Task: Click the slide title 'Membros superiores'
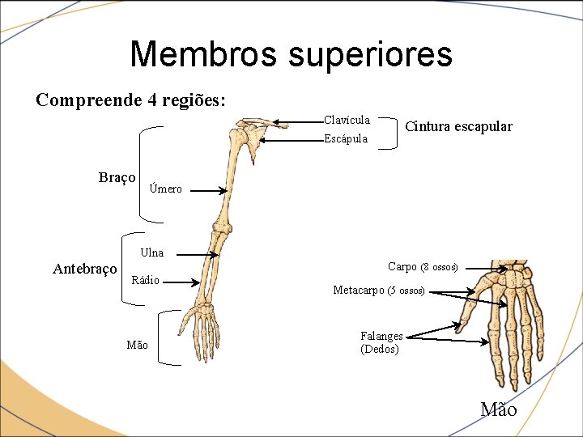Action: coord(291,54)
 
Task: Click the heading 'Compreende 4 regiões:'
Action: coord(131,100)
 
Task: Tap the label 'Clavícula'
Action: coord(347,121)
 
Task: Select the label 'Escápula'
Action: coord(346,138)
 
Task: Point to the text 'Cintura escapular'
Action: coord(458,126)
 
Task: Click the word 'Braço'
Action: coord(117,177)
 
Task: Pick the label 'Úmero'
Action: coord(166,189)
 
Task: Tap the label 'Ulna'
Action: coord(151,252)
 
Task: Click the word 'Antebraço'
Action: coord(85,269)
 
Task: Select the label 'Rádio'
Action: coord(146,281)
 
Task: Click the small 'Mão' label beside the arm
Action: coord(138,346)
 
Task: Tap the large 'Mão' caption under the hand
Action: coord(499,409)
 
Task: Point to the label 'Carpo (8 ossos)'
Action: coord(423,267)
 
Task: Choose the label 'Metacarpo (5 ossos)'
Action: coord(379,290)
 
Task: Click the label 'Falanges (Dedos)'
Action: coord(381,342)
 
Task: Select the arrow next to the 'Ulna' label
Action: coord(195,254)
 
